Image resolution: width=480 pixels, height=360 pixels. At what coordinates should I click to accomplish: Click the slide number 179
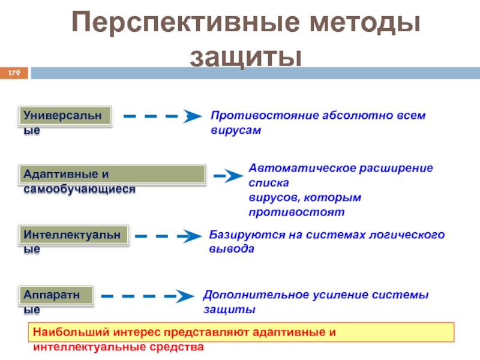click(14, 73)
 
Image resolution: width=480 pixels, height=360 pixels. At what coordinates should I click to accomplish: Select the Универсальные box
click(67, 116)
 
